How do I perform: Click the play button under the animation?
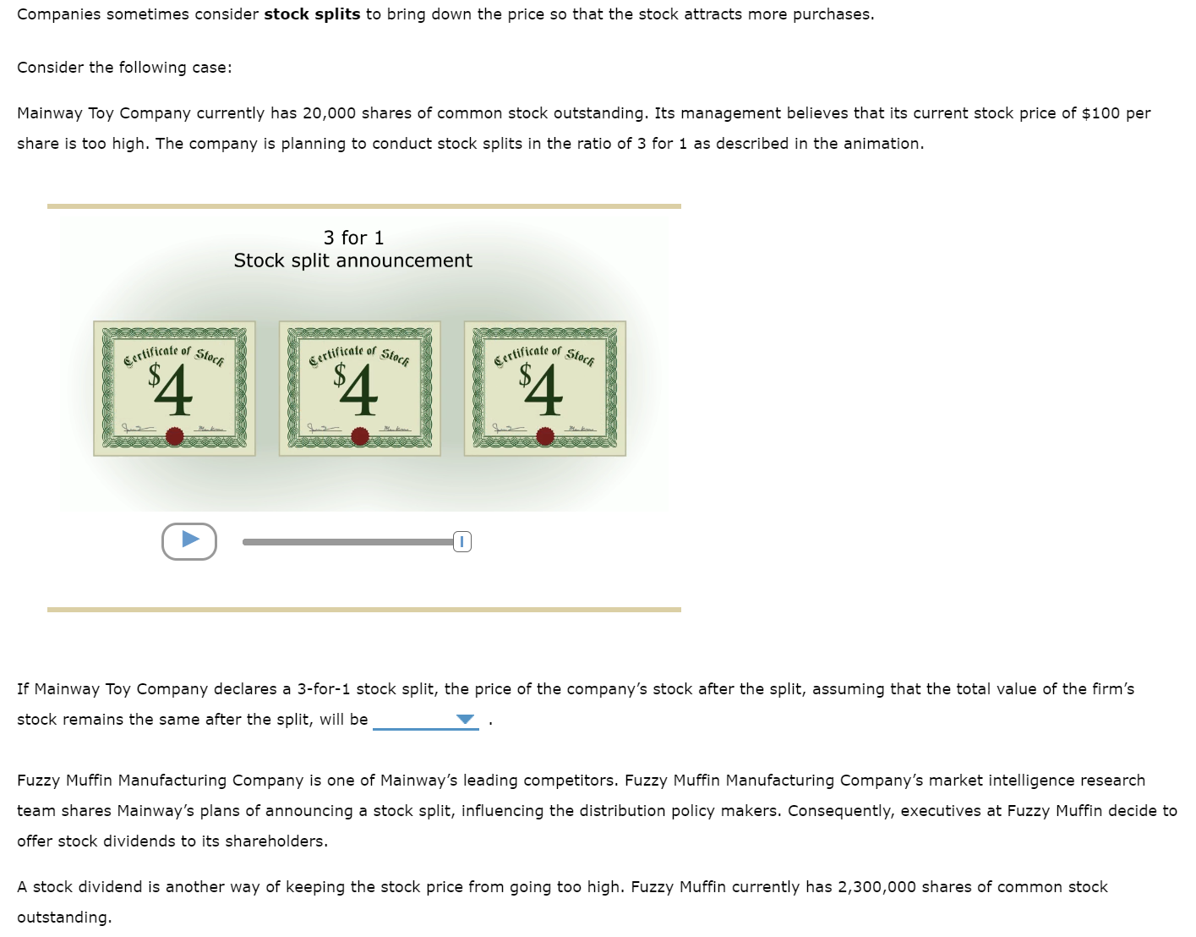189,541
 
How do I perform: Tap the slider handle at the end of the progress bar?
461,542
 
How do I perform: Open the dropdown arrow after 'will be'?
465,720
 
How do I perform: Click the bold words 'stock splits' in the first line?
312,14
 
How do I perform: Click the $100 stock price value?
1100,113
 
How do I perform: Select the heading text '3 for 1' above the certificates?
353,238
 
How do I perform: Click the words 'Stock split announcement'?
352,260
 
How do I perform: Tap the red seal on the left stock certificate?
175,436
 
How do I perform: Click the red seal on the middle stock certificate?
360,436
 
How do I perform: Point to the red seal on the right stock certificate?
545,436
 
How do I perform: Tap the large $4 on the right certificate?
542,389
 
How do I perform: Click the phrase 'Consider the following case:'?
124,68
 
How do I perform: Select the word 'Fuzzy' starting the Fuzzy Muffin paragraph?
39,781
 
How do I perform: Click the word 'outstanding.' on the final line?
64,918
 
